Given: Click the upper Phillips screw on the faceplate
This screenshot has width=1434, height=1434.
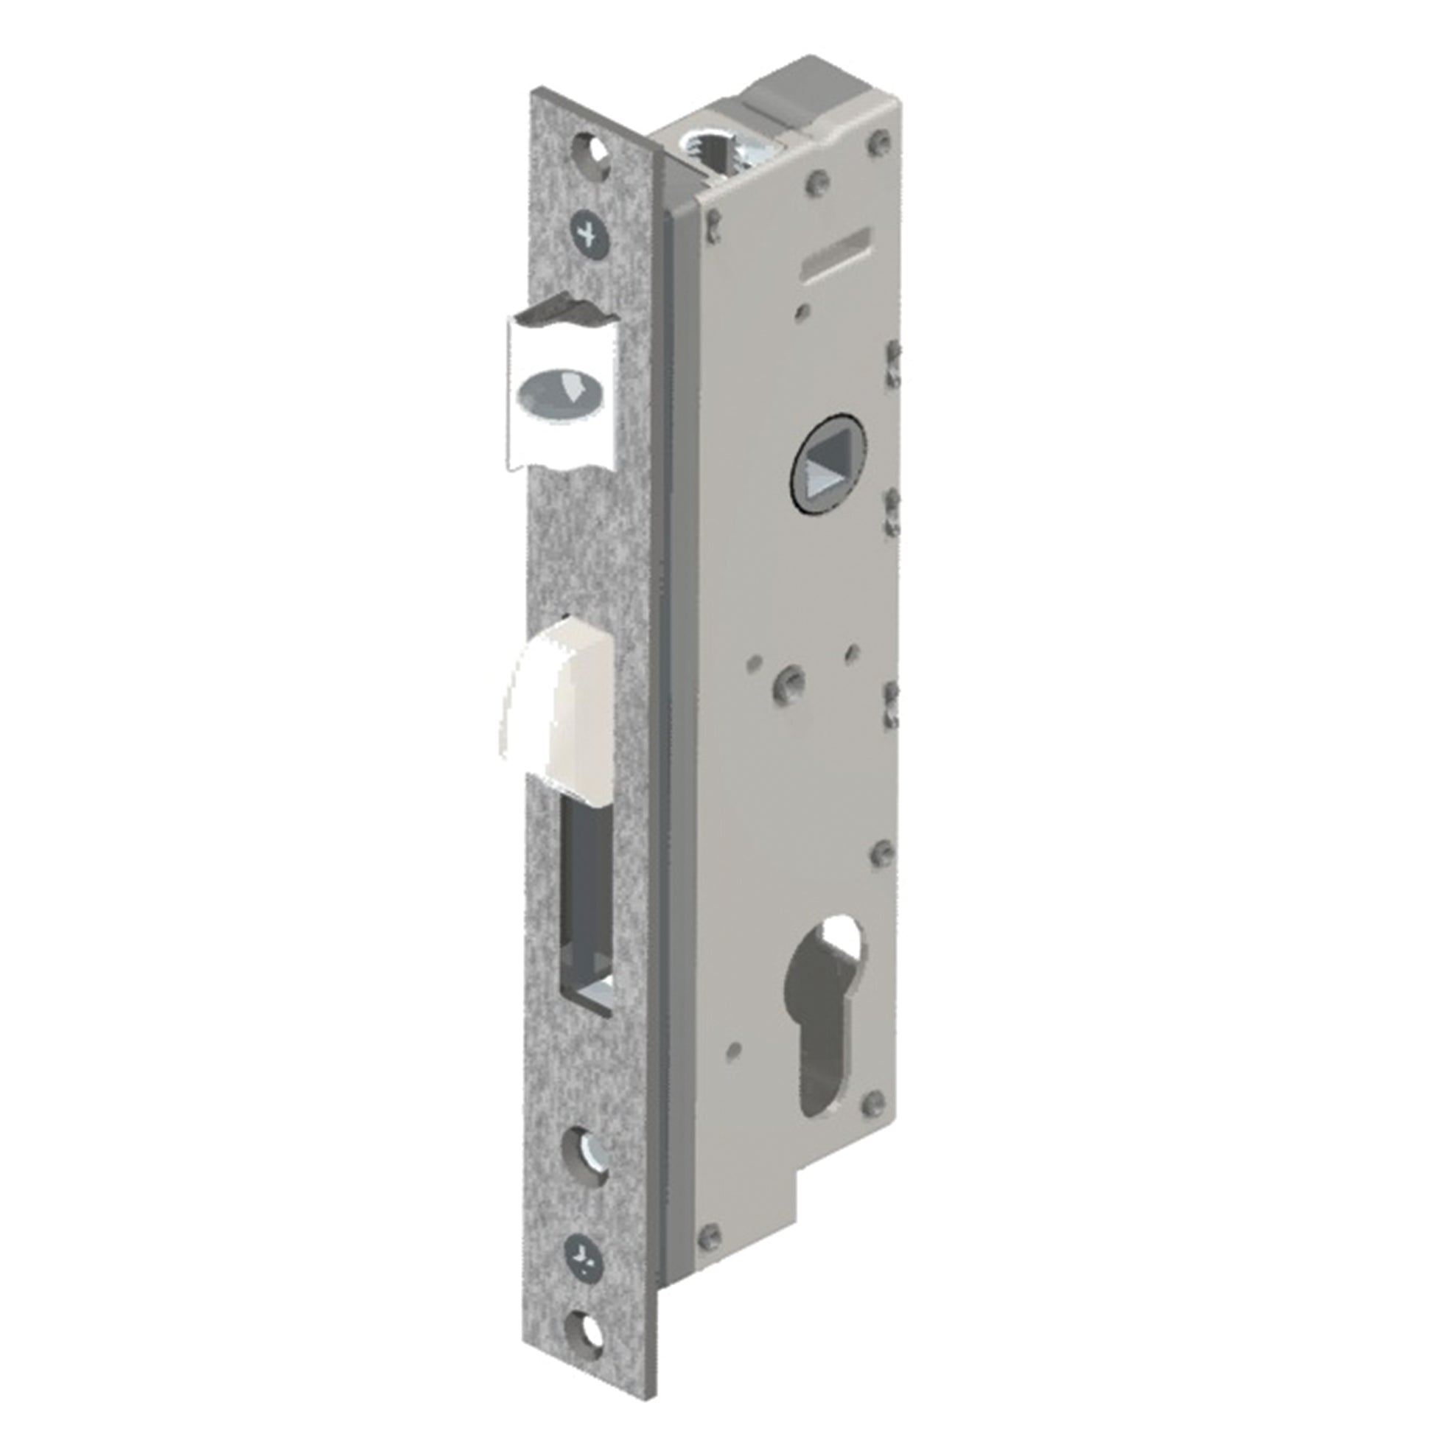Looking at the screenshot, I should click(590, 234).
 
